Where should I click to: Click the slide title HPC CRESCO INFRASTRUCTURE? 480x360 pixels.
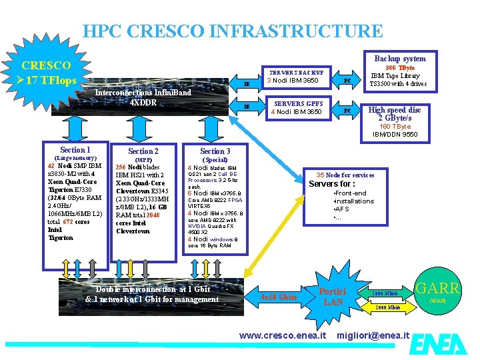tap(233, 31)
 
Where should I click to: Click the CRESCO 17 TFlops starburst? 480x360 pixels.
tap(47, 73)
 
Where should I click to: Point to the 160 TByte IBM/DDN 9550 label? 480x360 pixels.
tap(399, 130)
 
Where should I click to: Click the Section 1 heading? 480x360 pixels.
tap(75, 150)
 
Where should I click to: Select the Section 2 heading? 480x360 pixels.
tap(143, 151)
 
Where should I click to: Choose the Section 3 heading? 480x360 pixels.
tap(215, 151)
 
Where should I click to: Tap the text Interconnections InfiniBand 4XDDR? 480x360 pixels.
tap(143, 97)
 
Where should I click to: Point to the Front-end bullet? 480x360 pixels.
tap(351, 193)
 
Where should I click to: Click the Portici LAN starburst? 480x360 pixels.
tap(332, 297)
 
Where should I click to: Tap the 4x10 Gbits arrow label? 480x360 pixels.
tap(278, 297)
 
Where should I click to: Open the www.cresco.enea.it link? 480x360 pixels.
tap(282, 334)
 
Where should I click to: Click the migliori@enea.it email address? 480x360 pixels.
tap(373, 334)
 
